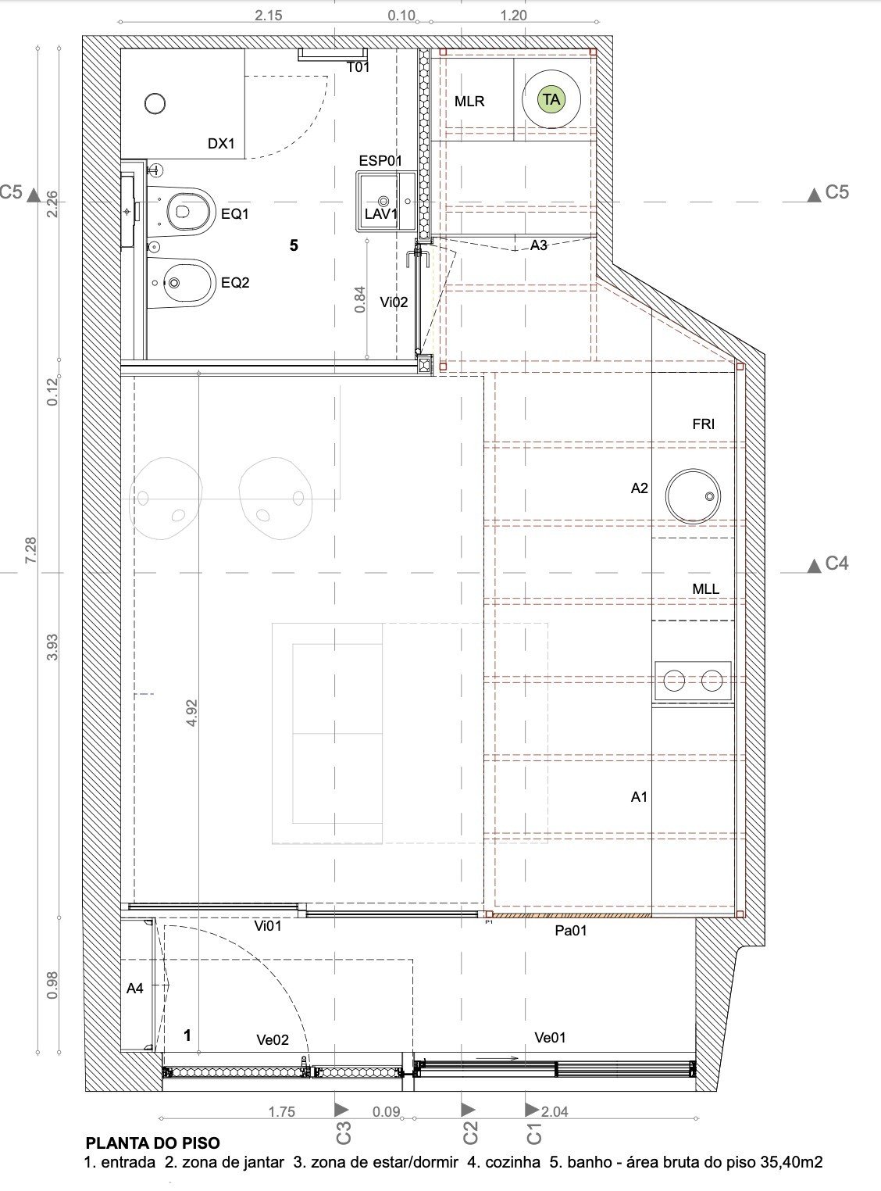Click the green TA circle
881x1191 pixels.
click(x=551, y=99)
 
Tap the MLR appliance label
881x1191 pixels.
click(x=469, y=102)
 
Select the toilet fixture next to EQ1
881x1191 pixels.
click(x=180, y=211)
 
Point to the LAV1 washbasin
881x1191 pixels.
click(x=386, y=202)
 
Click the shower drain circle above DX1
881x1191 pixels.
click(x=155, y=104)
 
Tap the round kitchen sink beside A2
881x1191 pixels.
click(x=693, y=496)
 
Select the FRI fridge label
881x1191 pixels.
click(x=703, y=424)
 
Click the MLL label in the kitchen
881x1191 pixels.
click(x=705, y=589)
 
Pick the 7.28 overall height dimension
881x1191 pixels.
click(x=31, y=550)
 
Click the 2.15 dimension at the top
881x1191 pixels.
click(x=269, y=16)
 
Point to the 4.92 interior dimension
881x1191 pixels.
click(x=191, y=713)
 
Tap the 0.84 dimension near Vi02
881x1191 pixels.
click(x=360, y=299)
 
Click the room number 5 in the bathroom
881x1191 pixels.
click(x=294, y=245)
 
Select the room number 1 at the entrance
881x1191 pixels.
click(x=187, y=1035)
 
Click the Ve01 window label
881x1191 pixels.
click(x=551, y=1037)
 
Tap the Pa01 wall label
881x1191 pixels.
click(x=571, y=931)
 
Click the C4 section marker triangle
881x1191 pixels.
click(x=814, y=566)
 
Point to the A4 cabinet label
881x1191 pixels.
click(x=135, y=988)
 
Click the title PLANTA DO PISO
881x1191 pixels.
click(x=153, y=1143)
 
